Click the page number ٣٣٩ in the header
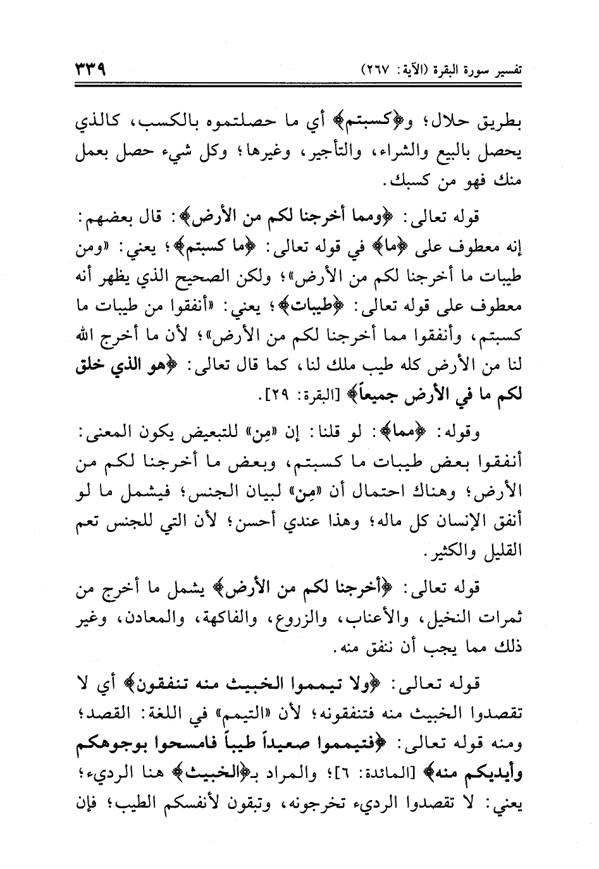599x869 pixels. (89, 68)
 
